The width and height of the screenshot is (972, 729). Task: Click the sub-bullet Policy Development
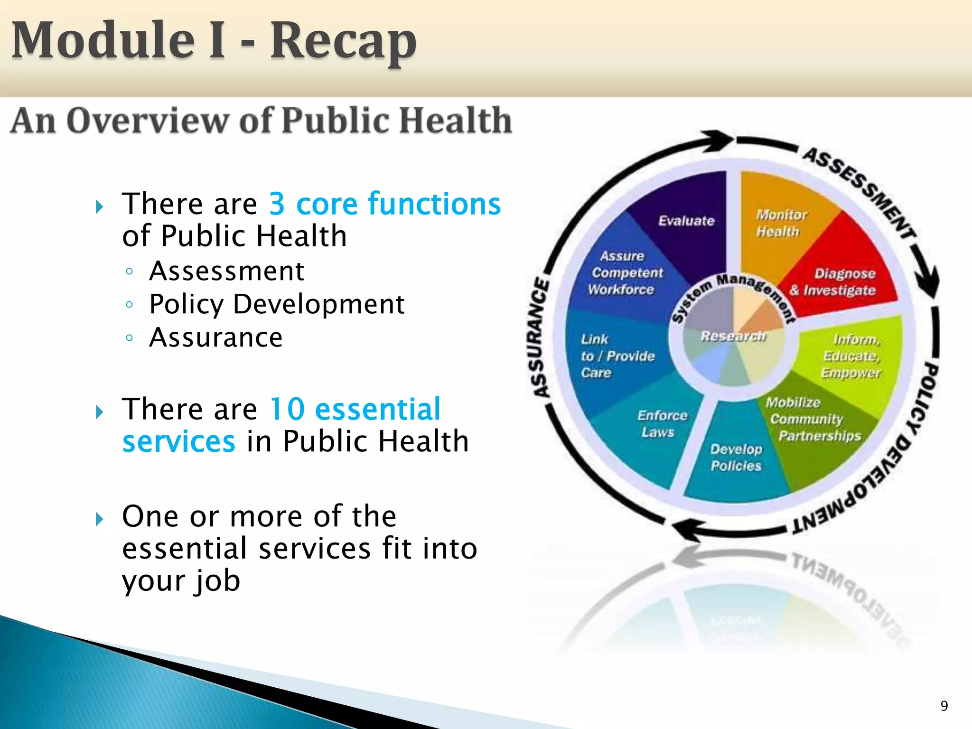(x=276, y=304)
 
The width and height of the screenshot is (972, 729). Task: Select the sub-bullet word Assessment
(x=226, y=271)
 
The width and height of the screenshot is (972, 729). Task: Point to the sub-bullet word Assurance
(x=216, y=337)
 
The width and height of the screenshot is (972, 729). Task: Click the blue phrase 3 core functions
(x=384, y=204)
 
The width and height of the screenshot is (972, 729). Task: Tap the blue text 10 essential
(x=355, y=409)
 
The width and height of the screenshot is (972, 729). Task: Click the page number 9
(x=944, y=706)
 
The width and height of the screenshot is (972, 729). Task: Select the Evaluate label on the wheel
(x=686, y=221)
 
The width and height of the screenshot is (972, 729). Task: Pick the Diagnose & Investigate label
(x=838, y=282)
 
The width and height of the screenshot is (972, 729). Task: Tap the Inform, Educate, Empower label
(x=852, y=356)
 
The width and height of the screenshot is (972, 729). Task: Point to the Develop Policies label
(x=736, y=458)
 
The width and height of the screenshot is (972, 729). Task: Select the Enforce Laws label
(x=661, y=424)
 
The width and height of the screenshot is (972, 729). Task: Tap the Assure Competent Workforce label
(x=624, y=273)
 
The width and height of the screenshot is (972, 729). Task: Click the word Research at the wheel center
(x=733, y=336)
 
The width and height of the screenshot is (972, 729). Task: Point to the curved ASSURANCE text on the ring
(x=540, y=337)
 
